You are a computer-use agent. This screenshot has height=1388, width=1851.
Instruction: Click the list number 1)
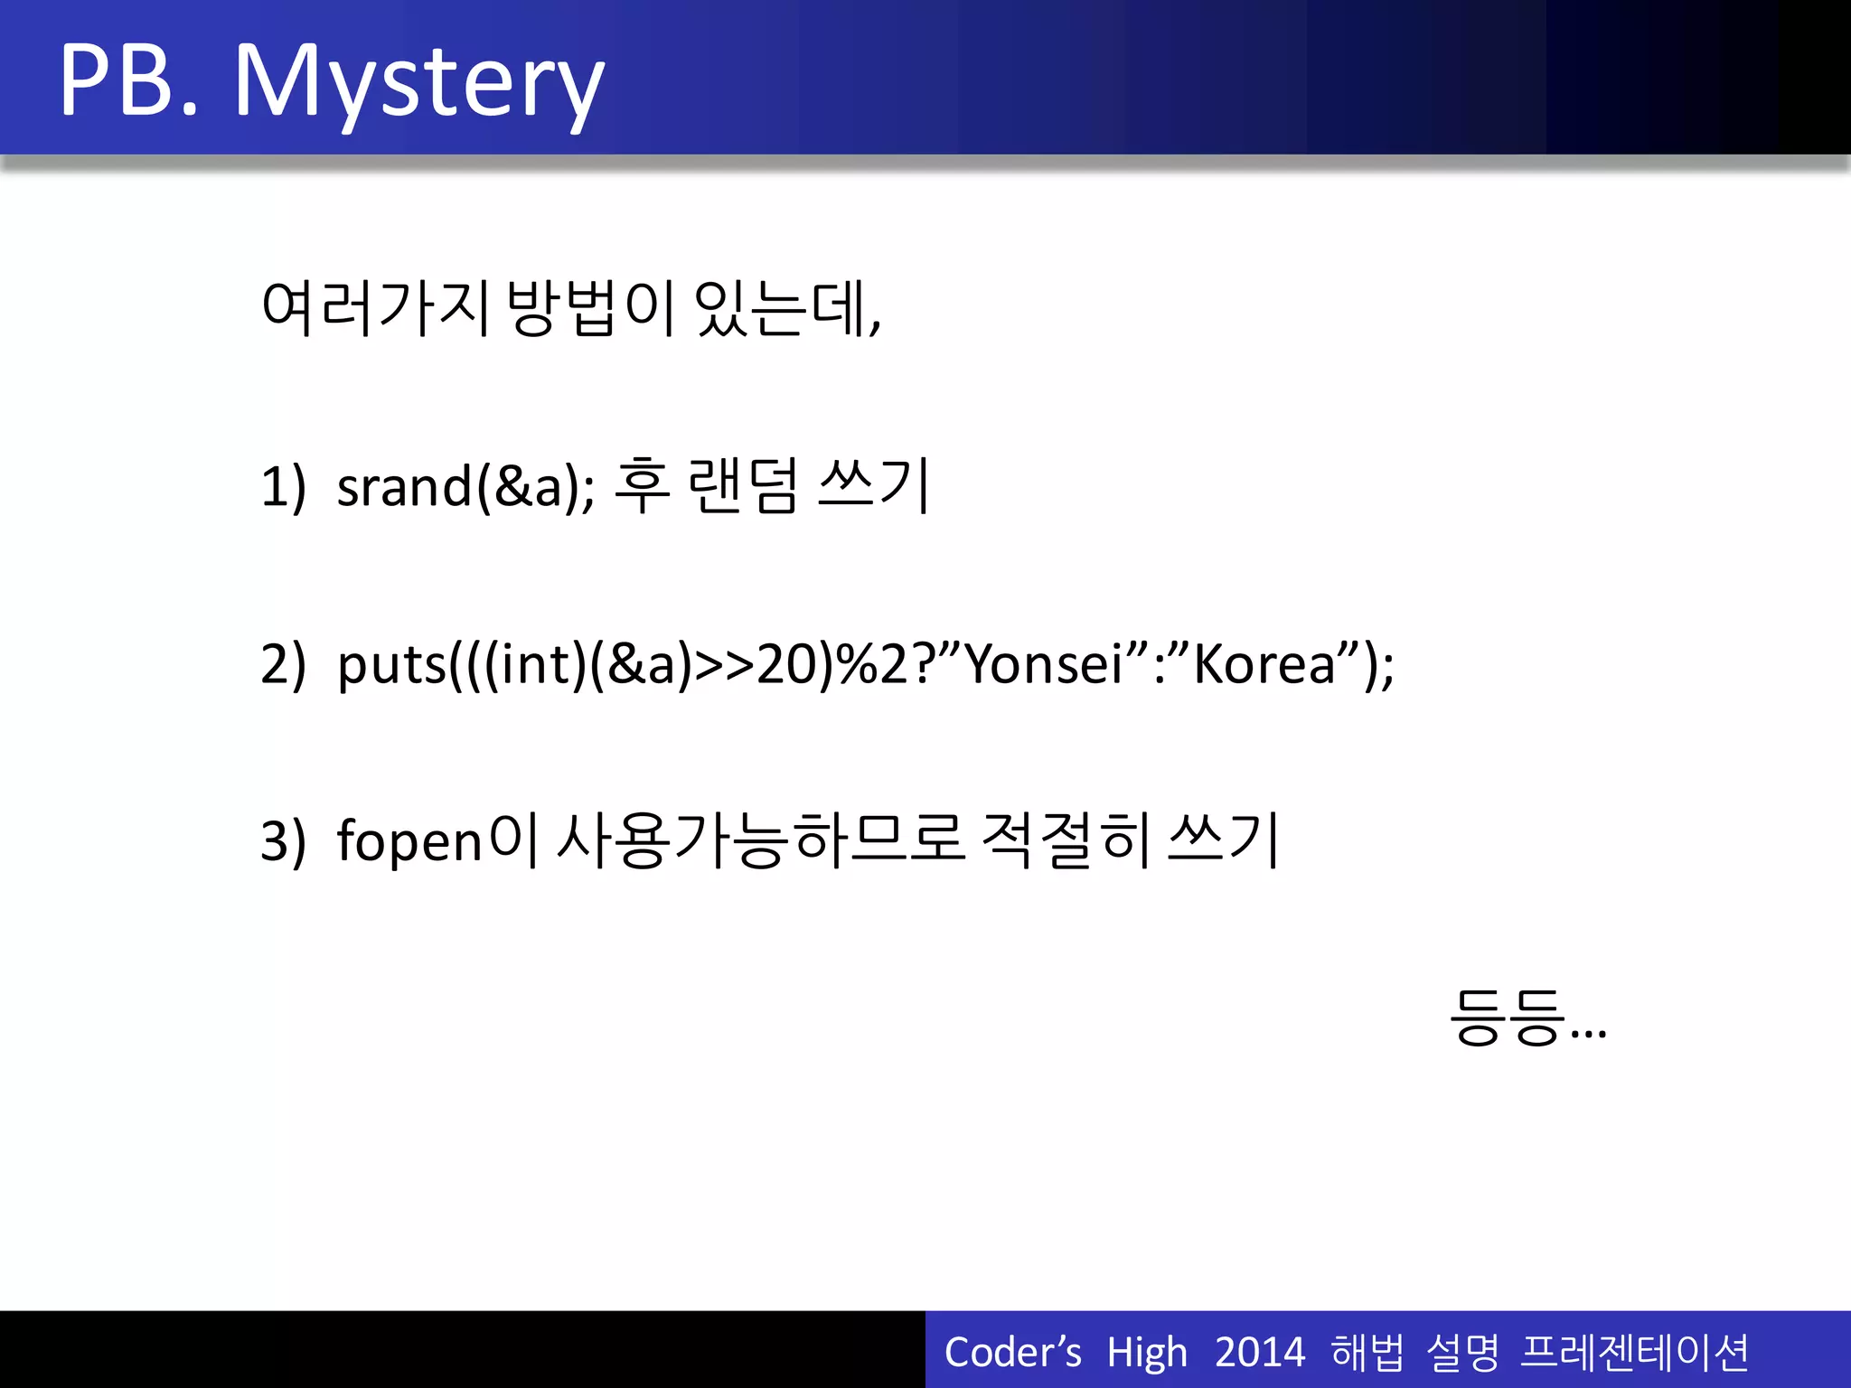[x=283, y=487]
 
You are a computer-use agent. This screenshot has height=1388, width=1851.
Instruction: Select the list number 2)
[x=283, y=664]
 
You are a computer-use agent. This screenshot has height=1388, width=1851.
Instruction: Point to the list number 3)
[x=283, y=841]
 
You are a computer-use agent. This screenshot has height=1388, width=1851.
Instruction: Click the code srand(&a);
[x=465, y=487]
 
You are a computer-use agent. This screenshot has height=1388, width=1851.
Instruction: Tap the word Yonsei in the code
[x=1043, y=664]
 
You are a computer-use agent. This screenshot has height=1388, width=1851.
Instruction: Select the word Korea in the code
[x=1264, y=664]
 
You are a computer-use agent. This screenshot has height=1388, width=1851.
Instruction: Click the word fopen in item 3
[x=410, y=841]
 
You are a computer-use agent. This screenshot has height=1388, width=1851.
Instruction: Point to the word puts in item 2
[x=391, y=666]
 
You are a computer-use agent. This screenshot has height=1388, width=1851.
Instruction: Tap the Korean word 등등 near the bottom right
[x=1507, y=1018]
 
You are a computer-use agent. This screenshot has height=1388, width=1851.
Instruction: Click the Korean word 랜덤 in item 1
[x=743, y=487]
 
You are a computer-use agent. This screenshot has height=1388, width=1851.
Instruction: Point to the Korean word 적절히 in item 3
[x=1066, y=841]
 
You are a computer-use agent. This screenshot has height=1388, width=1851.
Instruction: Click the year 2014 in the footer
[x=1260, y=1353]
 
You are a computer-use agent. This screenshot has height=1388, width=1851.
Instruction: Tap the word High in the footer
[x=1147, y=1353]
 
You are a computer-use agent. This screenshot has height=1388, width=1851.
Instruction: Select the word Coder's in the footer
[x=1012, y=1353]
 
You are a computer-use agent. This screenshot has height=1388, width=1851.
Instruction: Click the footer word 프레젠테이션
[x=1634, y=1353]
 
